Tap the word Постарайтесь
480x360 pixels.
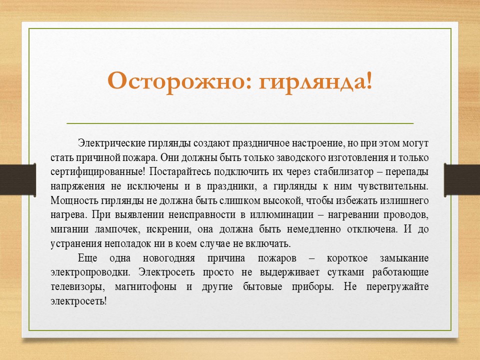[x=180, y=171]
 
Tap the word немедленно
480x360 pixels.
[x=314, y=229]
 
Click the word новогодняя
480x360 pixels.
[x=169, y=258]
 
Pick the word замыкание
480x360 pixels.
[x=404, y=258]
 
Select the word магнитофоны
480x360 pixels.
[x=145, y=287]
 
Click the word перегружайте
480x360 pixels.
[x=397, y=287]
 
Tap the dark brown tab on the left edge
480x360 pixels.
[x=18, y=179]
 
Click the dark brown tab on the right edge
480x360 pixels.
[x=462, y=180]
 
